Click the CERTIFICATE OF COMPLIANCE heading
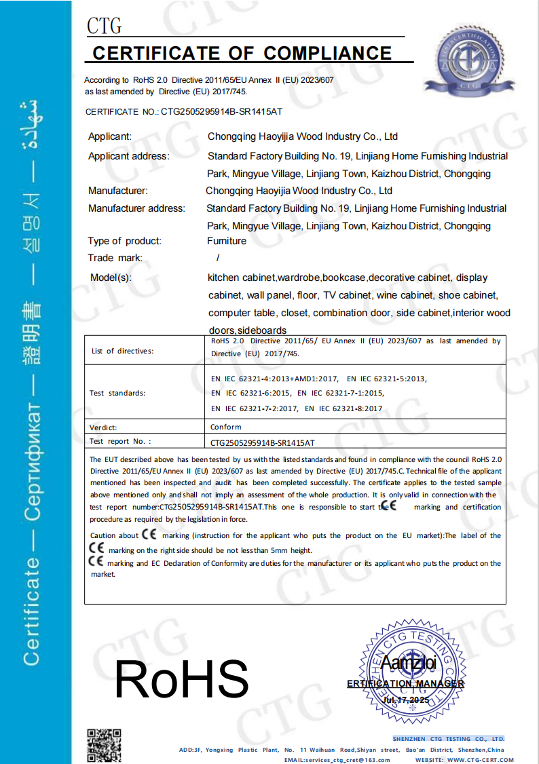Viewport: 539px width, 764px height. pyautogui.click(x=242, y=54)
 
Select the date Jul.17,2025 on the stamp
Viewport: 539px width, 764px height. pyautogui.click(x=406, y=699)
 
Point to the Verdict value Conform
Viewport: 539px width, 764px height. pyautogui.click(x=226, y=427)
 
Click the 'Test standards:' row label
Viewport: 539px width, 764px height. pyautogui.click(x=117, y=394)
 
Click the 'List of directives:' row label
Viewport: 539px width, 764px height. pyautogui.click(x=123, y=351)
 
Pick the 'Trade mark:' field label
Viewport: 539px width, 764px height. pyautogui.click(x=115, y=258)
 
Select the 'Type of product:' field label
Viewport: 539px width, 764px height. pyautogui.click(x=125, y=241)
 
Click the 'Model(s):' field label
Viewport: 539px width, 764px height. pyautogui.click(x=111, y=278)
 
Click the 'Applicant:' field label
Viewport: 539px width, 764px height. pyautogui.click(x=110, y=137)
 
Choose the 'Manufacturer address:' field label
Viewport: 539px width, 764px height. pyautogui.click(x=136, y=208)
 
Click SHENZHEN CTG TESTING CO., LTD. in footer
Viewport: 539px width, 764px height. pyautogui.click(x=448, y=738)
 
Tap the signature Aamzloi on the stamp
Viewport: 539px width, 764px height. pyautogui.click(x=409, y=662)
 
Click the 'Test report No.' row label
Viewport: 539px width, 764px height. pyautogui.click(x=120, y=442)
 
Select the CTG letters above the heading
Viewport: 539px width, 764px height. pyautogui.click(x=105, y=26)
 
